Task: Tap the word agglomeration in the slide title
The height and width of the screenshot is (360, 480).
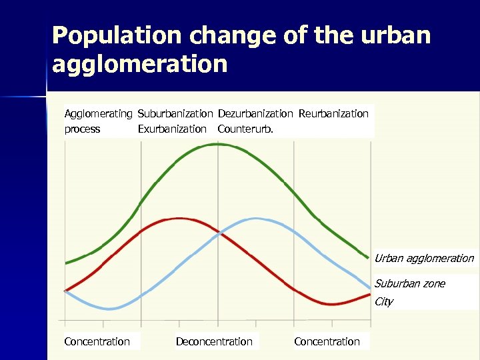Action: click(139, 65)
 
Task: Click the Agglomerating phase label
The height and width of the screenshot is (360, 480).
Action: click(98, 114)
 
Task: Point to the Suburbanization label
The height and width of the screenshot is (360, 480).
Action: click(175, 114)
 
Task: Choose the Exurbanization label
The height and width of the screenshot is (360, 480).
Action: click(172, 129)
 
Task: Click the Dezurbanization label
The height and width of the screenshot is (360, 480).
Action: click(255, 114)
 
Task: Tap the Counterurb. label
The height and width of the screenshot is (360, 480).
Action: click(245, 129)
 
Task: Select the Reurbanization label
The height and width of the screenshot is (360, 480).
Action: click(333, 114)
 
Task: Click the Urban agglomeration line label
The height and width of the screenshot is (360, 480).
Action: click(424, 259)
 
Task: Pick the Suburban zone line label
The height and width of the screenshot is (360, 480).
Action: click(409, 284)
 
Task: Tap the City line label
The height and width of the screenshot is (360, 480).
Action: click(383, 302)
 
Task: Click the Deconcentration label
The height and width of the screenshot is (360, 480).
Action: click(214, 342)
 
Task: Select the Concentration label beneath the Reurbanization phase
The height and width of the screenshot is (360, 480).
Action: click(327, 342)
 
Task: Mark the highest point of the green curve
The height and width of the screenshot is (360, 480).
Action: click(217, 143)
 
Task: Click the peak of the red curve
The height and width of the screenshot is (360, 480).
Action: click(177, 218)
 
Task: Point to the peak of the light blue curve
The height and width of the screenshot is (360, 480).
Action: click(255, 218)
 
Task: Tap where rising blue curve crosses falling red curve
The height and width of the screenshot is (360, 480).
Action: click(218, 233)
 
